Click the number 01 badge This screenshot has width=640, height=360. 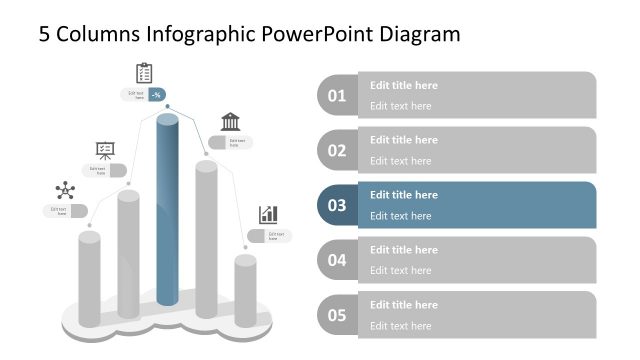pyautogui.click(x=337, y=96)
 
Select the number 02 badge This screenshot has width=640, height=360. pyautogui.click(x=337, y=151)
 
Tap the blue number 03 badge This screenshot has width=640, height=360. pyautogui.click(x=337, y=206)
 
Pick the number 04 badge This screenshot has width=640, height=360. pyautogui.click(x=337, y=261)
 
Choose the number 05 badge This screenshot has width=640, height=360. pyautogui.click(x=337, y=316)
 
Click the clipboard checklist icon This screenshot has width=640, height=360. pyautogui.click(x=144, y=73)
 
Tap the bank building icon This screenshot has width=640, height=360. pyautogui.click(x=230, y=122)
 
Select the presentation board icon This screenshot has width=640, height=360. pyautogui.click(x=105, y=150)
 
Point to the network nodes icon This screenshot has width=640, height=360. pyautogui.click(x=65, y=190)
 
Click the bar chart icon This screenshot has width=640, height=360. pyautogui.click(x=268, y=214)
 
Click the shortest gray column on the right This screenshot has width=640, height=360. pyautogui.click(x=245, y=290)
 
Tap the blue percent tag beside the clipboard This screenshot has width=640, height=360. pyautogui.click(x=156, y=95)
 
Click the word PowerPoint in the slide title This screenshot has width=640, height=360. pyautogui.click(x=326, y=34)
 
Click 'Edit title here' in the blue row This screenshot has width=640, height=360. pyautogui.click(x=403, y=195)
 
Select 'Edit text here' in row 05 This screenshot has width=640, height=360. pyautogui.click(x=400, y=325)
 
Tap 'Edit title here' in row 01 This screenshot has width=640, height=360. pyautogui.click(x=403, y=85)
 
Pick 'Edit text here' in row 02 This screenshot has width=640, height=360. pyautogui.click(x=400, y=161)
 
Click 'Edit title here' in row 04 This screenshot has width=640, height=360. pyautogui.click(x=403, y=250)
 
